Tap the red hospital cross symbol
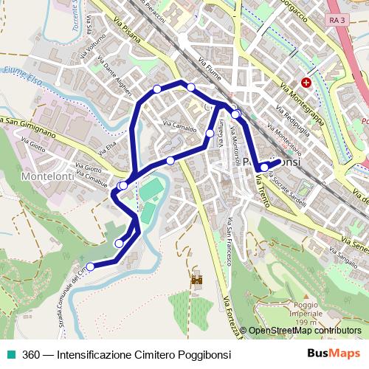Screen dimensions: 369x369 306,83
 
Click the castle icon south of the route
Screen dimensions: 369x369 198,280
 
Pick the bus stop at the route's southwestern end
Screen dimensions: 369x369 91,266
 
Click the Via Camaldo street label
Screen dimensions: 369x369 179,127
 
